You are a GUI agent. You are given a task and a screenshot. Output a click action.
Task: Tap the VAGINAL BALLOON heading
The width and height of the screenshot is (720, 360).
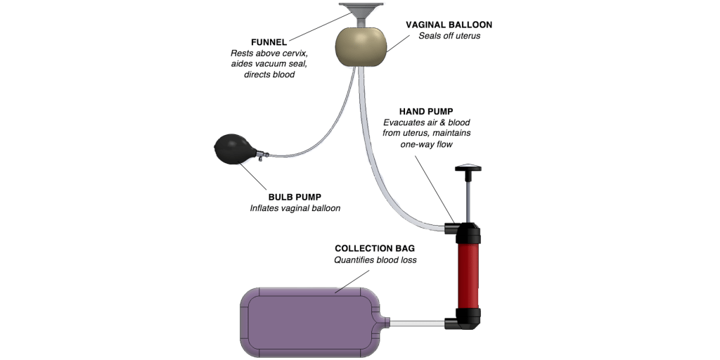click(449, 24)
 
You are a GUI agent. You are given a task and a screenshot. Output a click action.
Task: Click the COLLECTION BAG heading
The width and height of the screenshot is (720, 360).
click(365, 248)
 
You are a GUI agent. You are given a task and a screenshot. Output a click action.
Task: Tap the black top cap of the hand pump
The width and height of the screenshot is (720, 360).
click(468, 231)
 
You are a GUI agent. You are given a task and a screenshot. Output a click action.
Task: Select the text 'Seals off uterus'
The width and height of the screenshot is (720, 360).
click(449, 36)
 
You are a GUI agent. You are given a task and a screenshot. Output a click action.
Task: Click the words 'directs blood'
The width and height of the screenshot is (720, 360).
click(269, 75)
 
